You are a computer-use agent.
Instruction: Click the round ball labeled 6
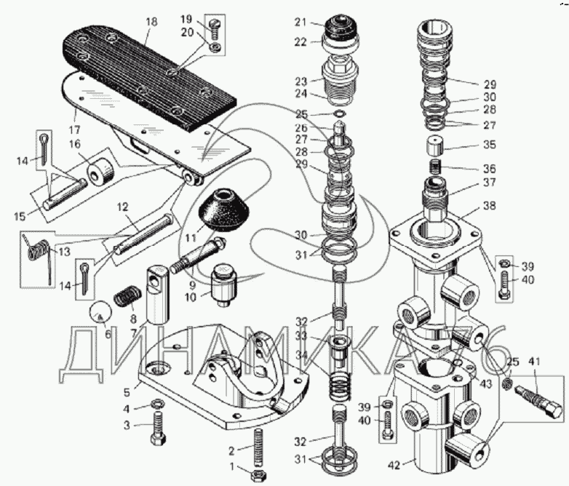click(x=100, y=315)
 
